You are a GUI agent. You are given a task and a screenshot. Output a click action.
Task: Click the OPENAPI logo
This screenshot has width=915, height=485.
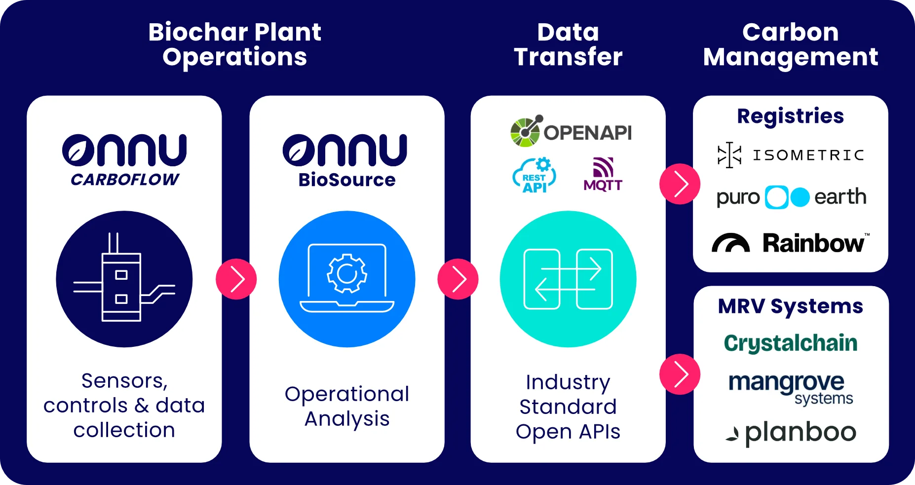click(571, 131)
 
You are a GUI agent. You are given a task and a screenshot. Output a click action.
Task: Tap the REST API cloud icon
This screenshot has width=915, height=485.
click(534, 175)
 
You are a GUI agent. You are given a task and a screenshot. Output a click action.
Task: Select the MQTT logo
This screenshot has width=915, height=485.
click(603, 174)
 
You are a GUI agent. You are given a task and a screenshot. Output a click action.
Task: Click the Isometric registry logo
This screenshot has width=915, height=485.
click(790, 155)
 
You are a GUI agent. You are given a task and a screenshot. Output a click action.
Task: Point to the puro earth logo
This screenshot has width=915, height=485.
click(791, 197)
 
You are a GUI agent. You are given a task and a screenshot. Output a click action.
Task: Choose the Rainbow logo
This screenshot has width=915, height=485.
click(790, 242)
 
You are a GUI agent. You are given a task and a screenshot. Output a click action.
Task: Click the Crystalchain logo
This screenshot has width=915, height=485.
click(791, 343)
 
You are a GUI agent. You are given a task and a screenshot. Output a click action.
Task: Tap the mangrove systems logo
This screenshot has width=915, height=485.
click(791, 388)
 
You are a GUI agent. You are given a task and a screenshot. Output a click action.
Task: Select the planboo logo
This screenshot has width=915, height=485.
click(791, 433)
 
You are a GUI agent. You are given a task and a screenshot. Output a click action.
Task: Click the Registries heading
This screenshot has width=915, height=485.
click(790, 116)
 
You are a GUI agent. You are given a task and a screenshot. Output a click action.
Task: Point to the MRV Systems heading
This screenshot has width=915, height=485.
click(790, 306)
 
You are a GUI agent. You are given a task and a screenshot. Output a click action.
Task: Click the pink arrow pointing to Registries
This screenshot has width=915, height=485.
click(680, 184)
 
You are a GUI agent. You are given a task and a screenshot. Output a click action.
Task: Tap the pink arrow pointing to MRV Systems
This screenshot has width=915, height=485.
click(680, 374)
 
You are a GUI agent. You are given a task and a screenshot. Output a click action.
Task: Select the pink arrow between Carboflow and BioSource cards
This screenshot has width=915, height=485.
click(236, 279)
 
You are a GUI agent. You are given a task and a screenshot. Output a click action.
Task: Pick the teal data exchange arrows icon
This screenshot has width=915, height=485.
click(568, 279)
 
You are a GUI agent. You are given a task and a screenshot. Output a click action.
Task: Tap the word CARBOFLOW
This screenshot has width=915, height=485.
click(125, 180)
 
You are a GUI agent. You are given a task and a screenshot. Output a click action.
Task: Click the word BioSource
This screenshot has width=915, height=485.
click(347, 180)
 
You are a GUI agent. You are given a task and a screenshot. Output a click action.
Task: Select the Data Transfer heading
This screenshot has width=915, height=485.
click(568, 44)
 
